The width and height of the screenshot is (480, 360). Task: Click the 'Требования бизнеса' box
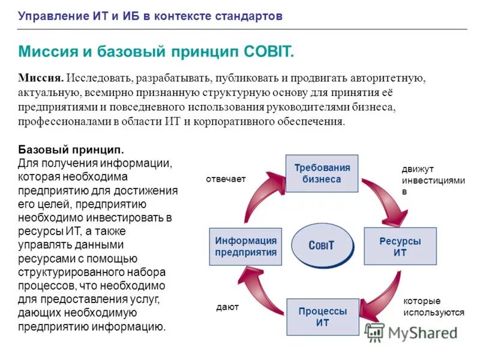322,173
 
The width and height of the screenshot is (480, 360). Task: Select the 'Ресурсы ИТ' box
400,247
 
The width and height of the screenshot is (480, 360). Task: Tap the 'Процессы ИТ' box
322,317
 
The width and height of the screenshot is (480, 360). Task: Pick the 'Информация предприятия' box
246,247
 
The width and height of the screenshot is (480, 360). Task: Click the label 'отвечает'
226,179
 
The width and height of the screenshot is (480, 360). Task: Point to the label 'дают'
227,307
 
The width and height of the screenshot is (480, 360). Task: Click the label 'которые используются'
433,307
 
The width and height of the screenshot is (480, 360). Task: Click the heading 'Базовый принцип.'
71,149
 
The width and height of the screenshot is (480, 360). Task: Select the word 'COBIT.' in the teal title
269,52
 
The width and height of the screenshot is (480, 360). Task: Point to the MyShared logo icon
375,332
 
